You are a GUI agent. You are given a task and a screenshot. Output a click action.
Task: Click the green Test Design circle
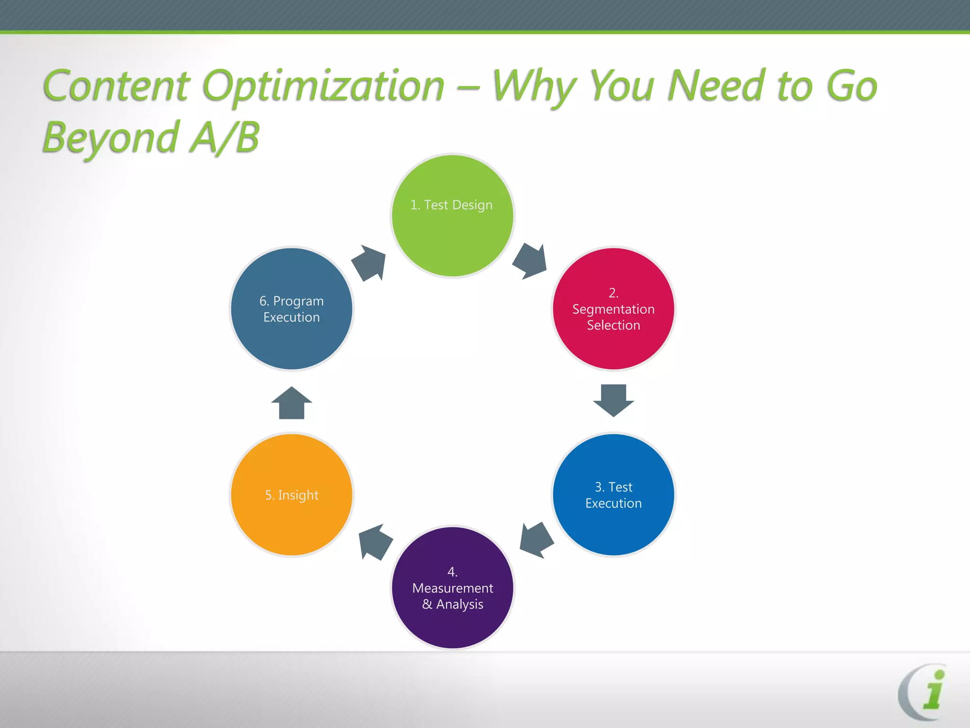click(452, 216)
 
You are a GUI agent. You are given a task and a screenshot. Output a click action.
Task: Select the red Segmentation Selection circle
click(613, 309)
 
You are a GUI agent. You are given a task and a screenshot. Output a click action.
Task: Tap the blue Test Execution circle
click(613, 495)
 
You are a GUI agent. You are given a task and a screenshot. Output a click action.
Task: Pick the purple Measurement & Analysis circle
click(452, 588)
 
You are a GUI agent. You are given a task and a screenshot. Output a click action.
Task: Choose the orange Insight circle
click(292, 495)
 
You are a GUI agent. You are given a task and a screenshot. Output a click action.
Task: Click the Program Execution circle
click(292, 309)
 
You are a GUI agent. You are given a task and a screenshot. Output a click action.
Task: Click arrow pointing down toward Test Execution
click(613, 400)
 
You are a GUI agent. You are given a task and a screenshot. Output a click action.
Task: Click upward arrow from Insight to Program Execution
click(292, 403)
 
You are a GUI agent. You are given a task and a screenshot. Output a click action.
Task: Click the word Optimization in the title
click(323, 86)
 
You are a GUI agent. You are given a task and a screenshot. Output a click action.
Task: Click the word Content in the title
click(117, 86)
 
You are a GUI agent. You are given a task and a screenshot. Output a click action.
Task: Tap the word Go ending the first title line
click(851, 86)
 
